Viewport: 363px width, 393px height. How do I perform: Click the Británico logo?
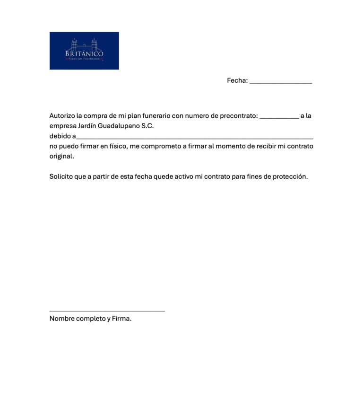tap(84, 51)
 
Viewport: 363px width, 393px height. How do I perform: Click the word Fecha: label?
tap(237, 80)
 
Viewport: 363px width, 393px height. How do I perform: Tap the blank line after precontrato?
tap(279, 117)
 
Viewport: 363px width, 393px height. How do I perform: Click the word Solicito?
tap(61, 176)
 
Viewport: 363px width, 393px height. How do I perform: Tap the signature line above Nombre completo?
tap(107, 310)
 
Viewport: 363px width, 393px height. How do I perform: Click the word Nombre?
tap(62, 318)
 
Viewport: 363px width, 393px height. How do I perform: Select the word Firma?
tap(121, 318)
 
